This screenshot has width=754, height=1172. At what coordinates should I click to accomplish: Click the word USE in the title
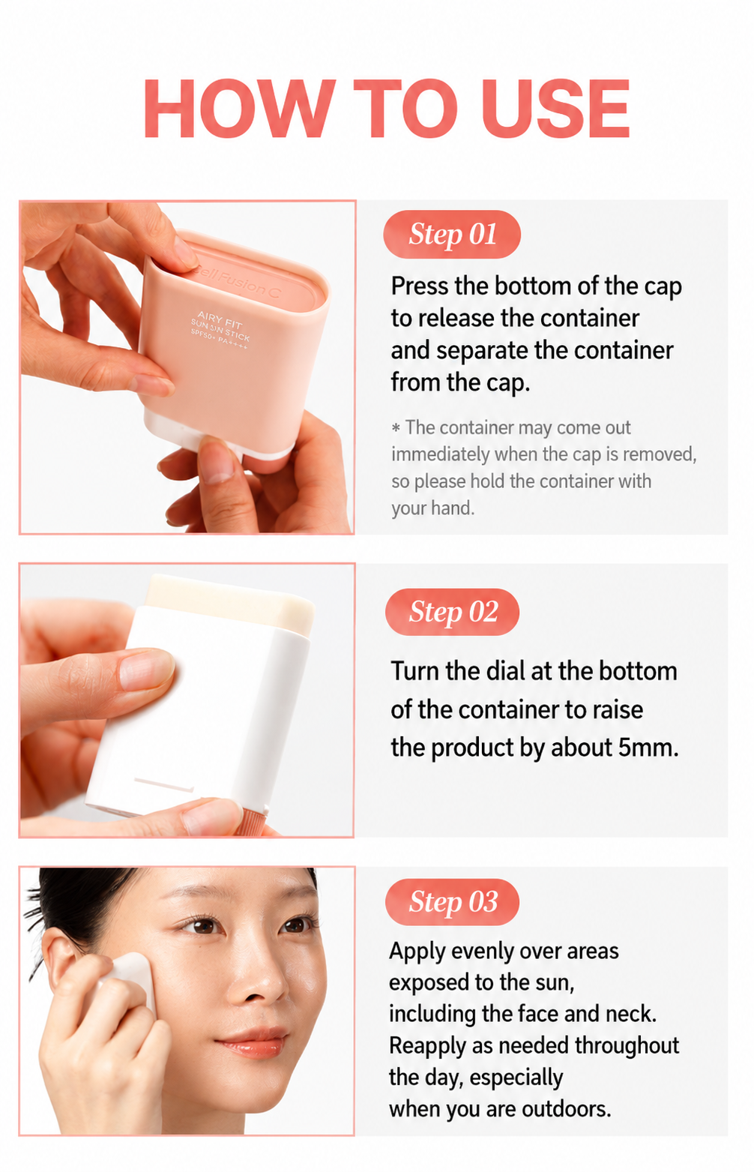pos(555,108)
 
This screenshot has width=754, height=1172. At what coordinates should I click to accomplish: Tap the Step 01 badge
pos(452,234)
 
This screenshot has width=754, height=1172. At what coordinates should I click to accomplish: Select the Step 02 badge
pos(452,612)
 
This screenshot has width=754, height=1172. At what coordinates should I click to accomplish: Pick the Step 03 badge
pos(452,901)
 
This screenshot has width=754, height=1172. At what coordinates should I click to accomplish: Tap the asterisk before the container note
pos(396,428)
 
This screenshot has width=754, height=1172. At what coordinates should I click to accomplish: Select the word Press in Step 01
pos(420,286)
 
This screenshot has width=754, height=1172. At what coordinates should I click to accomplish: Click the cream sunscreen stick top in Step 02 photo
pos(230,603)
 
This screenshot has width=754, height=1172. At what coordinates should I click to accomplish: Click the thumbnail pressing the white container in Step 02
pos(146,669)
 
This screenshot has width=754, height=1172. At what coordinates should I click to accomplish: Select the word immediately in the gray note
pos(441,454)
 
